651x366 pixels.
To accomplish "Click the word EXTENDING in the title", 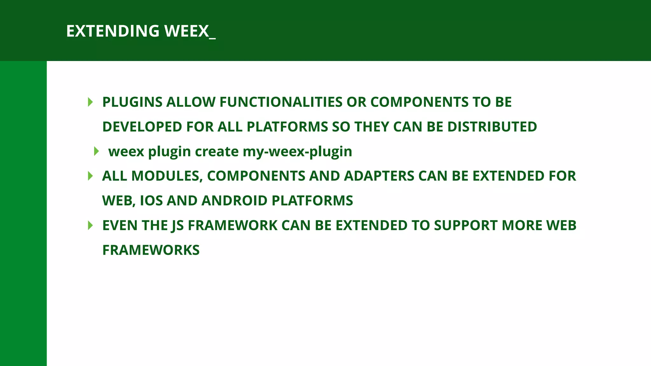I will click(x=113, y=31).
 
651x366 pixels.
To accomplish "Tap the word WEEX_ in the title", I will click(x=190, y=31).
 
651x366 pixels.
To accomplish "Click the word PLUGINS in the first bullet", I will click(x=132, y=102).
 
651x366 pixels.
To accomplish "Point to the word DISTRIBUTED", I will click(x=492, y=127).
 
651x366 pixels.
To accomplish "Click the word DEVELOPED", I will click(x=142, y=127).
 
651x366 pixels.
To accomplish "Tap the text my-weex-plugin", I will click(x=297, y=152).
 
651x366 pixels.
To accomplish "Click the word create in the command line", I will click(x=216, y=152).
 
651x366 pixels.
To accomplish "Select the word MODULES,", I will click(x=167, y=176).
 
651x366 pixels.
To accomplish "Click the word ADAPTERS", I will click(x=379, y=176).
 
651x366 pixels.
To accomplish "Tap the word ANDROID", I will click(x=234, y=201).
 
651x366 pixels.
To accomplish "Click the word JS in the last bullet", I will click(x=177, y=226).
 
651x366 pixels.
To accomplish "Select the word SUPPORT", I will click(x=466, y=226).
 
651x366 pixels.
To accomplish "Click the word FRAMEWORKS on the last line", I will click(x=151, y=250).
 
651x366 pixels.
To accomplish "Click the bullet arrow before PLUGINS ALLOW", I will click(x=90, y=102).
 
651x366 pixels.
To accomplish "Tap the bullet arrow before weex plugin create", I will click(x=96, y=151).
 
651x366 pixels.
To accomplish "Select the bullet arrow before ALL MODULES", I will click(x=90, y=176).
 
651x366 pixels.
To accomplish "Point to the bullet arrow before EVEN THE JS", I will click(x=90, y=226).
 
